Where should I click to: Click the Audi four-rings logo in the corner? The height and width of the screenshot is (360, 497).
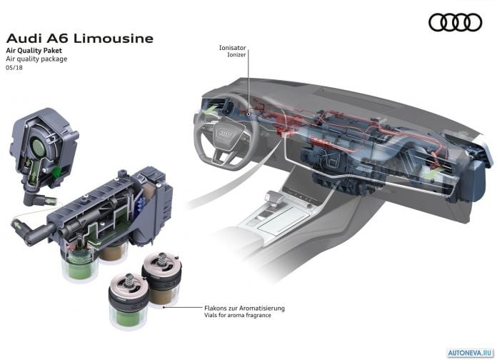456,22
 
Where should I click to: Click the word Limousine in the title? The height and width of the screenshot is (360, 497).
114,39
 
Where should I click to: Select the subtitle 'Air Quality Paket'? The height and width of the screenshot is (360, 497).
34,51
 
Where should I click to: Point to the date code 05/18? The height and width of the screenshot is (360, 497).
14,68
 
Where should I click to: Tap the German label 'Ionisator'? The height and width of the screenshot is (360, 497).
232,48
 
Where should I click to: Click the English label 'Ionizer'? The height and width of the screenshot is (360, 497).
236,54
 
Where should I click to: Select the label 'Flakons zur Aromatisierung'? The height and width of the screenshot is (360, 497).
244,309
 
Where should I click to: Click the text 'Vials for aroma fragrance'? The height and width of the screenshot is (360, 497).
237,315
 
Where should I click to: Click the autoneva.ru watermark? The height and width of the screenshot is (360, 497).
471,352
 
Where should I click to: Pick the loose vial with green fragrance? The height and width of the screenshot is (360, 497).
129,301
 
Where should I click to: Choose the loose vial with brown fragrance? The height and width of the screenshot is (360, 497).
161,279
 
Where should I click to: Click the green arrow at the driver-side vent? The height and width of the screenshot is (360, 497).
211,109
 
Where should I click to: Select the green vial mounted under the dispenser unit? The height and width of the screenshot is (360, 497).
79,263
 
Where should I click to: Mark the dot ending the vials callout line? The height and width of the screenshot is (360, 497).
164,307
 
